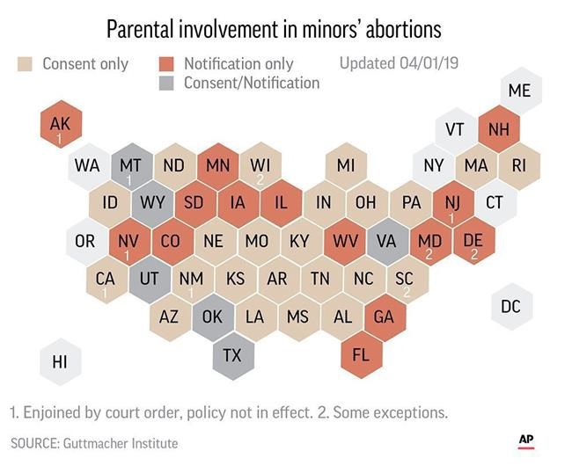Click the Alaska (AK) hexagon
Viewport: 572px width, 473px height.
pos(60,127)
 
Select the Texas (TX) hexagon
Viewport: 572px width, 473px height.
pos(232,355)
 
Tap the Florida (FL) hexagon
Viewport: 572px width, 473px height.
pos(361,355)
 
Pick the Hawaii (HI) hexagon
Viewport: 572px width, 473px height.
pos(60,361)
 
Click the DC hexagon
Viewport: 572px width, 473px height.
pos(510,307)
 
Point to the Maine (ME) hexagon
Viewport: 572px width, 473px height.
pos(519,91)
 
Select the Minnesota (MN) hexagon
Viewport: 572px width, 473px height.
pos(217,165)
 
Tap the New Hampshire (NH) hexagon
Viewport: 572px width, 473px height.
pos(498,129)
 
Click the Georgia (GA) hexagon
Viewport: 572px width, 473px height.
pos(384,317)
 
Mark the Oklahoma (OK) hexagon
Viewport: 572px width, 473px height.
pos(212,317)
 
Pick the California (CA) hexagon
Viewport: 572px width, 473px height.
pos(106,280)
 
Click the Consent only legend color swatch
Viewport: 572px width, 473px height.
pos(26,63)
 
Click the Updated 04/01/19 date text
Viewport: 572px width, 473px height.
pos(399,63)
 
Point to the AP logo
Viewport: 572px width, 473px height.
pos(526,440)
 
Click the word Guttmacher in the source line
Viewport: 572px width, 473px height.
pos(101,443)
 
